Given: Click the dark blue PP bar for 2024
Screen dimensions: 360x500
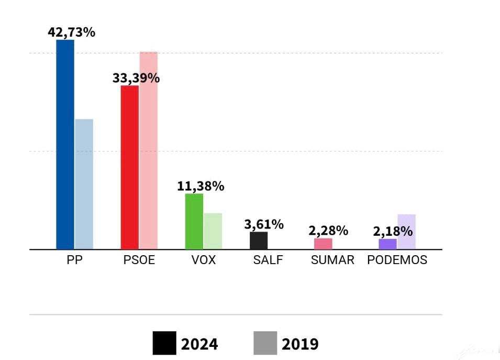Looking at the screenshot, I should coord(65,144).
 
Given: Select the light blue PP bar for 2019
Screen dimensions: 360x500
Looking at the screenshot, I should coord(84,184).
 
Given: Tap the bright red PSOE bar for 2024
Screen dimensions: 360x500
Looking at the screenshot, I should coord(130,167).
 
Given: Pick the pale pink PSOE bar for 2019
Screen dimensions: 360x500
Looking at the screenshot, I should coord(148,150).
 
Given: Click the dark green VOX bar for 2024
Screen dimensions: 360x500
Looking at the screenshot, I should coord(194,221).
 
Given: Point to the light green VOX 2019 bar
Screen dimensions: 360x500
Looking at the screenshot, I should coord(213,231).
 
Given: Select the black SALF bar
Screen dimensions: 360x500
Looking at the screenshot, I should coord(259,241).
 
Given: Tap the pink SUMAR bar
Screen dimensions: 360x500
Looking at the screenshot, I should coord(323,244).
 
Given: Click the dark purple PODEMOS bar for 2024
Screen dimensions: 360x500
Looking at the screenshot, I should coord(388,244).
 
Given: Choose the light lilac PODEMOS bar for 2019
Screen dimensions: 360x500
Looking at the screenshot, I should coord(406,232).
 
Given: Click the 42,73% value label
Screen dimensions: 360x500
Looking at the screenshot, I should coord(71,32).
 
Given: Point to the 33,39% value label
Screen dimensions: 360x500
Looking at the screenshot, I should coord(136,78).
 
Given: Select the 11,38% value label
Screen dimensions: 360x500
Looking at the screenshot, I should coord(201,186).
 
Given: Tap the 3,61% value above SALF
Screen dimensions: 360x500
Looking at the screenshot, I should coord(264,224).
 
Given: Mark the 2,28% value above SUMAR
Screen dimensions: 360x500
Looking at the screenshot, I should coord(328,230).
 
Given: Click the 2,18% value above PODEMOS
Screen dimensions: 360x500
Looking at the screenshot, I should coord(393,231).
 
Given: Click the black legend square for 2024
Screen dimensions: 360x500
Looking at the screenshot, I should coord(164,343).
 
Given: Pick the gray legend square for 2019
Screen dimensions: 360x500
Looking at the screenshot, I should coord(265,343).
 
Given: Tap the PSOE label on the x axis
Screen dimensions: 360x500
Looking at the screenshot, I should coord(139,260).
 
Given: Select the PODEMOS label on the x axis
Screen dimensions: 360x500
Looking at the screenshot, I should coord(397,260).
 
